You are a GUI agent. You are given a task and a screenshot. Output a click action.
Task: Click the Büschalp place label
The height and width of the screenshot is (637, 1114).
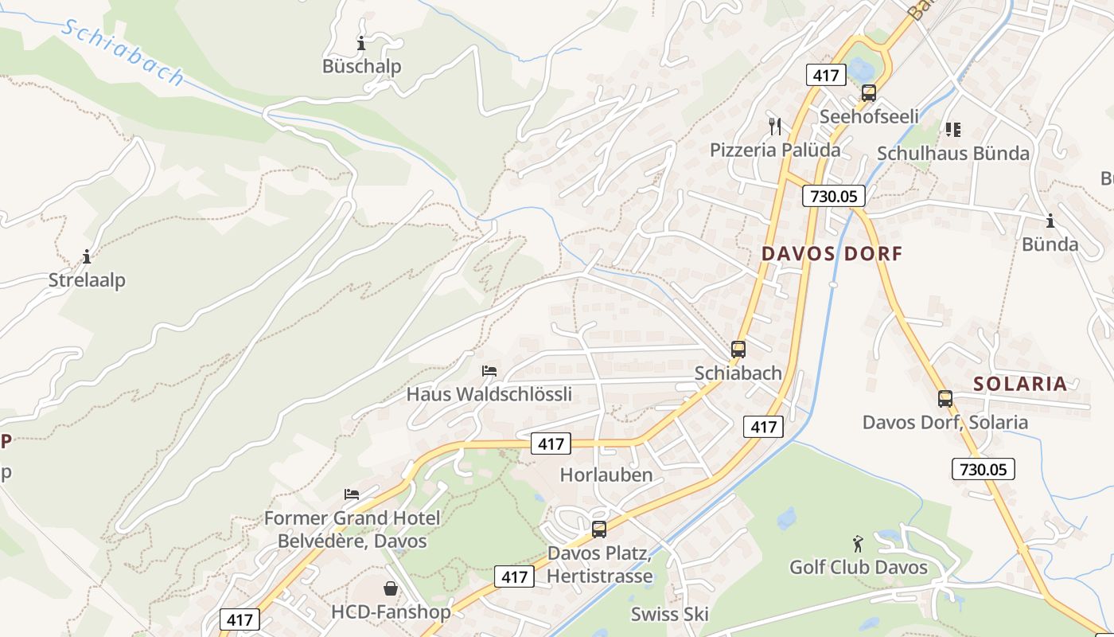(361, 66)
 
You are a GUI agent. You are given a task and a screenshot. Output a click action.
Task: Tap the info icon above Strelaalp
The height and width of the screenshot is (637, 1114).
(87, 256)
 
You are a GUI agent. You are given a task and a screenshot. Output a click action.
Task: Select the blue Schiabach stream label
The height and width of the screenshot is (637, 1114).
(123, 53)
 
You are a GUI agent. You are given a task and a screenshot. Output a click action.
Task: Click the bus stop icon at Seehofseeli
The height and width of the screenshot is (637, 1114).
(868, 93)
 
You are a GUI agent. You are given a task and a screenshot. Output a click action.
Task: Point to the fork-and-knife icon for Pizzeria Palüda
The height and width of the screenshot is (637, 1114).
(775, 126)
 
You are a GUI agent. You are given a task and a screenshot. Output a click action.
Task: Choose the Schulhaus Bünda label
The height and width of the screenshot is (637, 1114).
(953, 153)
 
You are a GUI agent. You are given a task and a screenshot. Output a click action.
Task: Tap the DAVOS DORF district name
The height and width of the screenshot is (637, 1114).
(832, 254)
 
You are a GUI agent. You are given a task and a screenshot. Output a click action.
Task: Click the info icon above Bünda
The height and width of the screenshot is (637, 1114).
(1050, 221)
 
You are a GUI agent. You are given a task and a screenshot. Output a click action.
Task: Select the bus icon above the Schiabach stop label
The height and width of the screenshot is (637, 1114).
(738, 350)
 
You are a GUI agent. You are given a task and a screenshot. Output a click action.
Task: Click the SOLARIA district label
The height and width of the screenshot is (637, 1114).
(1020, 384)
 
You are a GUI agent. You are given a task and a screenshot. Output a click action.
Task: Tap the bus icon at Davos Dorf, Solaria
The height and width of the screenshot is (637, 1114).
(945, 399)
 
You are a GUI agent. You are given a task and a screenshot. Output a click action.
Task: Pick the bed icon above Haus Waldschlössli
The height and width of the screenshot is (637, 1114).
(489, 371)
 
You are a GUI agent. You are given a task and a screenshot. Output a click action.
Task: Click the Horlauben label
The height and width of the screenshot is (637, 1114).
(606, 475)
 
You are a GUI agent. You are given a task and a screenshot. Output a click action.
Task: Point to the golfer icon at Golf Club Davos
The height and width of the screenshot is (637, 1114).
(858, 545)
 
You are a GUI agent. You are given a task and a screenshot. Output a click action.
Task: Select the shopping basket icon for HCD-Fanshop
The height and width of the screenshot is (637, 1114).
(391, 589)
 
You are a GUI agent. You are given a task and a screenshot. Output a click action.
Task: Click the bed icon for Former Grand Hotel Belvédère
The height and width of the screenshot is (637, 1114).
(352, 494)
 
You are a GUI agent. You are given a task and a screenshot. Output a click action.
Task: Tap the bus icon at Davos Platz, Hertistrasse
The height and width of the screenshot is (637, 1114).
(599, 529)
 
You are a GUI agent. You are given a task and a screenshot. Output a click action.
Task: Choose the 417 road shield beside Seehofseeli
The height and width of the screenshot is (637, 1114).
(825, 76)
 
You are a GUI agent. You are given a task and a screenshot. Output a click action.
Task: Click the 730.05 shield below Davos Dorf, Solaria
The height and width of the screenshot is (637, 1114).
(983, 469)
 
